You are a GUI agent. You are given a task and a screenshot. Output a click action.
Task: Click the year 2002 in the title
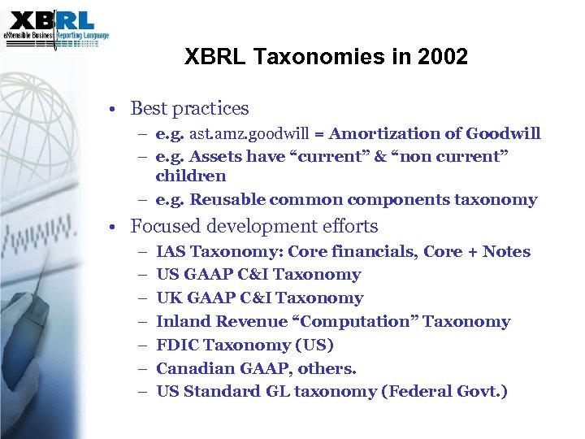[446, 57]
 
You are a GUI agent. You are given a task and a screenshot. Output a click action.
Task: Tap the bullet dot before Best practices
[119, 109]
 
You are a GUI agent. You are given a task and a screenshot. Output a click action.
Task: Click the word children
[191, 176]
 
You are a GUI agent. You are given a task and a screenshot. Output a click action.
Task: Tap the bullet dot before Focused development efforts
[119, 227]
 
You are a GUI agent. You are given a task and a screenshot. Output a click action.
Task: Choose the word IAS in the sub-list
[170, 252]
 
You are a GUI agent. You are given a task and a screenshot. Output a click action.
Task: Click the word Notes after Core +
[506, 252]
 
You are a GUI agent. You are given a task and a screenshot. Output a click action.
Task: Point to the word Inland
[180, 322]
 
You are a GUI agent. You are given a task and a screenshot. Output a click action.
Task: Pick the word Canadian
[193, 369]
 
